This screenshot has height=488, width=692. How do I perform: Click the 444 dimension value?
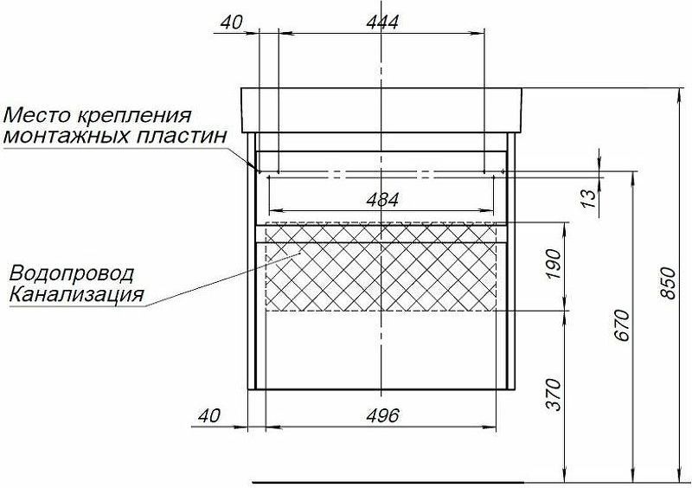[382, 22]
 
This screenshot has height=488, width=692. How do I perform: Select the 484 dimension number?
[382, 200]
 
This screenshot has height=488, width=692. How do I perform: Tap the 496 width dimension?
[382, 415]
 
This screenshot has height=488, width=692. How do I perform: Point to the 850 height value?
[669, 284]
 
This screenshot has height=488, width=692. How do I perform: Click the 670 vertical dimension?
[622, 325]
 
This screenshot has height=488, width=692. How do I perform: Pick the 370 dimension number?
[554, 395]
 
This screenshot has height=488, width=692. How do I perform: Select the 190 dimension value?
[554, 264]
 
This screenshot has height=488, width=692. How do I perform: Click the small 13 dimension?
[590, 198]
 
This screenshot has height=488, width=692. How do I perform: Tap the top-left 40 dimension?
[231, 22]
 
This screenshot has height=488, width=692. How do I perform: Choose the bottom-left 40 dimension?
[208, 415]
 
